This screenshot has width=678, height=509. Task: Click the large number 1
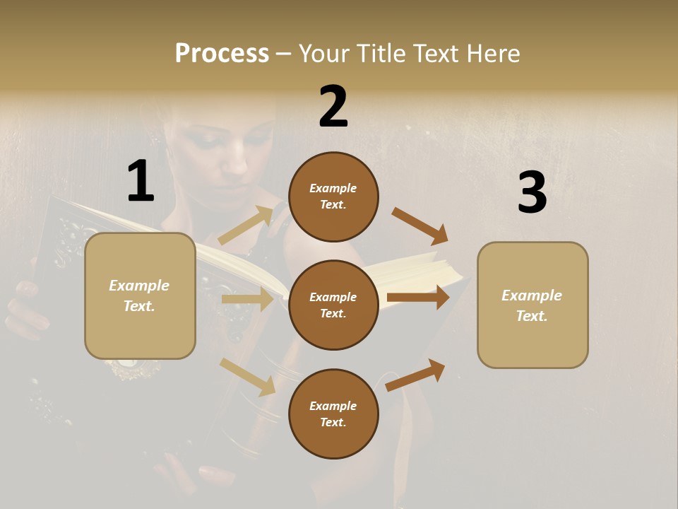click(141, 182)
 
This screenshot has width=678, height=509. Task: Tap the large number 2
click(333, 107)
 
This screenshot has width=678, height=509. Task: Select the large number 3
click(532, 193)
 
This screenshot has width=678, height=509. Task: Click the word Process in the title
click(222, 54)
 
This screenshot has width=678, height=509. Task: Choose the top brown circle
click(333, 197)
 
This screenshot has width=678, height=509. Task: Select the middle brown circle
click(333, 305)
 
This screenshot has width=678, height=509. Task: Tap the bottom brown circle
click(333, 414)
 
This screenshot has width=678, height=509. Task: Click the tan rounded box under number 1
click(140, 296)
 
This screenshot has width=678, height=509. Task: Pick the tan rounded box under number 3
click(533, 305)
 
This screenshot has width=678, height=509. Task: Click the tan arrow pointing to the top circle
click(246, 226)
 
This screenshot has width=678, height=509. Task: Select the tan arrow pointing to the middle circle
click(247, 299)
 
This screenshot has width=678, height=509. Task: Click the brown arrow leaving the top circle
click(420, 226)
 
